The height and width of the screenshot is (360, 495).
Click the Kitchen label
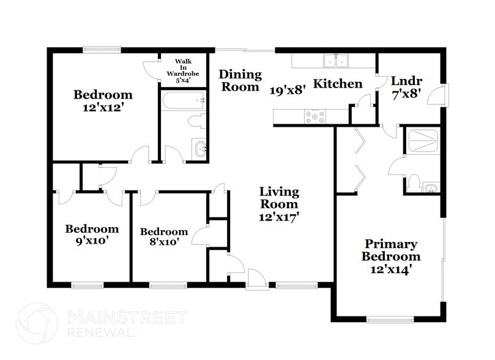point(338,84)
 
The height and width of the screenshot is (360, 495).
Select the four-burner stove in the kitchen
point(314,116)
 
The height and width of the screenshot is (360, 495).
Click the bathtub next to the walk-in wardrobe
point(183,99)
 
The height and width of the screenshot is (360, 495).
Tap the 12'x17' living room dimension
point(278,216)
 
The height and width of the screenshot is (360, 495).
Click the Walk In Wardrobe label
point(184,70)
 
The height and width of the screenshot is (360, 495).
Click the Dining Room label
point(239,80)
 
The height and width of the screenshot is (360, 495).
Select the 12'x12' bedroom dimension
point(103,107)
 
